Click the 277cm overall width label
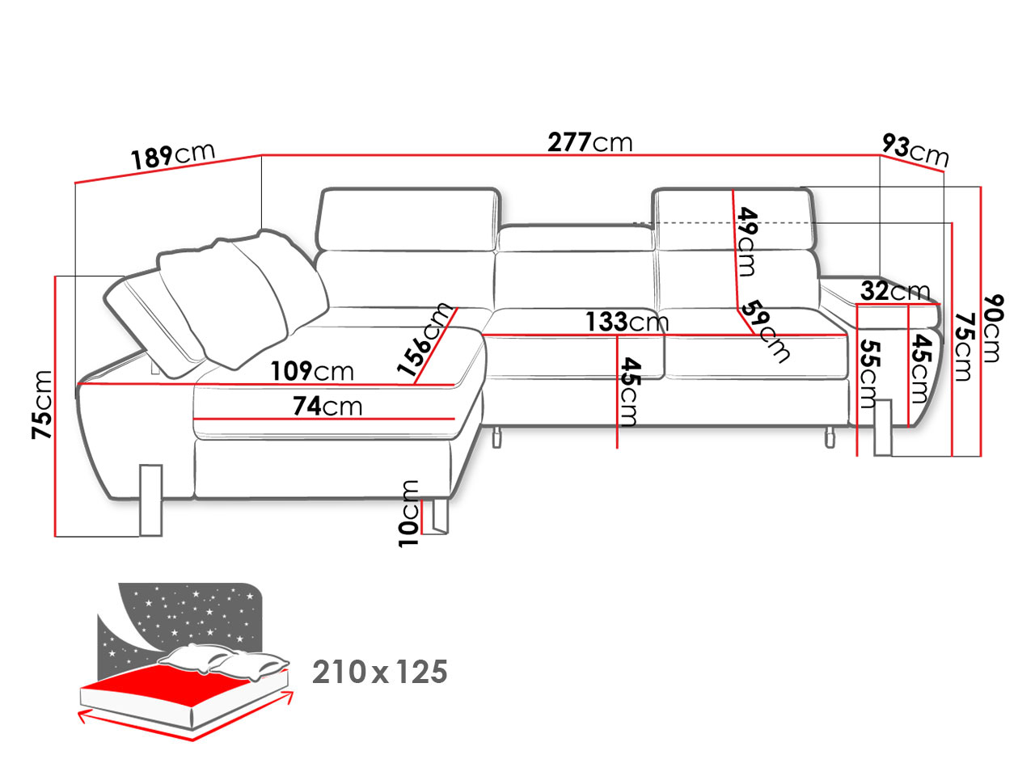click(589, 142)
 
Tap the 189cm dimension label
click(172, 155)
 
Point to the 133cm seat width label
click(627, 322)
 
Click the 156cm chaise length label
click(425, 339)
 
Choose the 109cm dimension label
click(312, 371)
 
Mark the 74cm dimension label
click(327, 406)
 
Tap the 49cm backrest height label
click(746, 241)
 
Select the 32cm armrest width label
click(895, 291)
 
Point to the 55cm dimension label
click(868, 373)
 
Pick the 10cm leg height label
click(408, 513)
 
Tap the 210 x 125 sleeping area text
click(379, 673)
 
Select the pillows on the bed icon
click(224, 660)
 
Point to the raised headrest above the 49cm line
click(734, 220)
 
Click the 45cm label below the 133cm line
click(629, 392)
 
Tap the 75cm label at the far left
click(42, 405)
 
